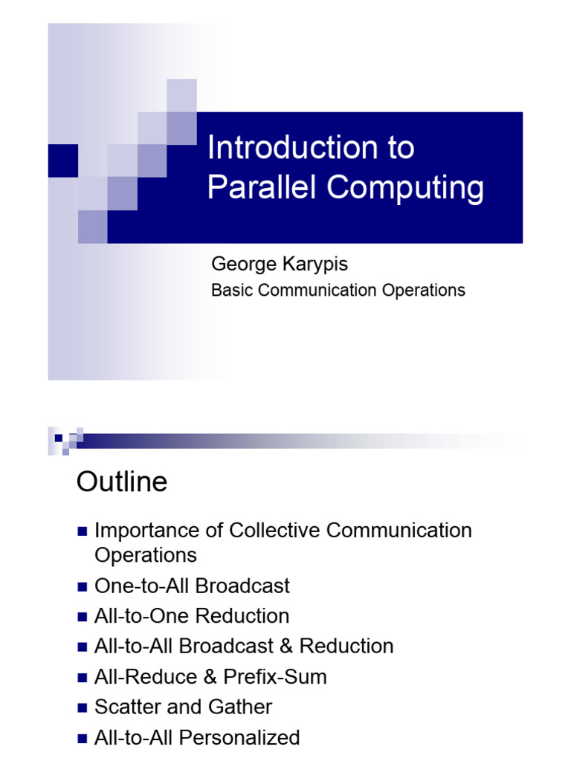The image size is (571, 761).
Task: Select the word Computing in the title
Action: coord(405,188)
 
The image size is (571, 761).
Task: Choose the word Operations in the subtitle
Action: coord(423,291)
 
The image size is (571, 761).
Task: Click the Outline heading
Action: coord(122,482)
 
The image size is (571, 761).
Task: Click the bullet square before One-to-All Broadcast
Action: coord(83,587)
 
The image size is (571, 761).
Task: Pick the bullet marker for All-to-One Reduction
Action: coord(83,617)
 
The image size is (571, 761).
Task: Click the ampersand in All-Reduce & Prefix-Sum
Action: coord(210,676)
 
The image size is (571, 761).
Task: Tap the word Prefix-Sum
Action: coord(275,676)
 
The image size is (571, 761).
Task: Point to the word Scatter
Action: coord(128,707)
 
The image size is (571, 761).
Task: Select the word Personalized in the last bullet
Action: coord(239,737)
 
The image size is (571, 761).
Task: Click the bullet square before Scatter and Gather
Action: coord(83,707)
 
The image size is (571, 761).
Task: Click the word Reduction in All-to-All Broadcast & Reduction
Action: coord(346,646)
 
